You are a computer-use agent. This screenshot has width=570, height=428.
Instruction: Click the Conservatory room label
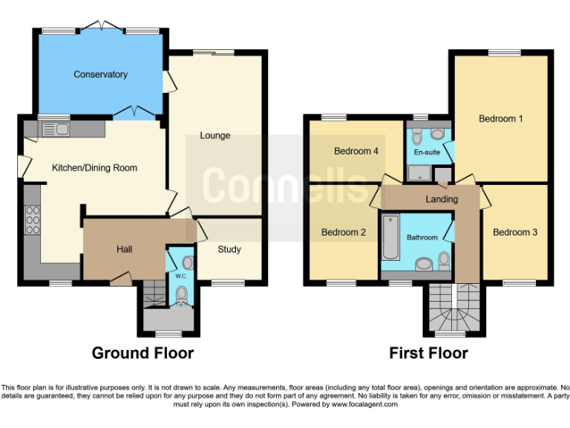tap(100, 74)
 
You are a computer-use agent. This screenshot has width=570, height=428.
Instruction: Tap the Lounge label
tap(215, 136)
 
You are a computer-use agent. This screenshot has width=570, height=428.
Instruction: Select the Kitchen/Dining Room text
tap(94, 168)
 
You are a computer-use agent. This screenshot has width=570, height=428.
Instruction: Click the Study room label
tap(229, 250)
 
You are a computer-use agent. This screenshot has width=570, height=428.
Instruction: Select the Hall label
tap(124, 250)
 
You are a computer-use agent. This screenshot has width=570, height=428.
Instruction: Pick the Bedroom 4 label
tap(356, 152)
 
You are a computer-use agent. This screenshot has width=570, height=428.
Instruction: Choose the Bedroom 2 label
tap(343, 233)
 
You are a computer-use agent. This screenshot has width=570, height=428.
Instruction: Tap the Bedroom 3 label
tap(515, 233)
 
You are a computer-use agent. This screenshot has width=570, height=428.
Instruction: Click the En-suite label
tap(427, 152)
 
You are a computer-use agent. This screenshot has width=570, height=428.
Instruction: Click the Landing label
tap(442, 199)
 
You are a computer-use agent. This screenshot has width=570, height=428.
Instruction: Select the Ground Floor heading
tap(142, 353)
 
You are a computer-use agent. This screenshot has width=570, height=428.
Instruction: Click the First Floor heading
tap(428, 353)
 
